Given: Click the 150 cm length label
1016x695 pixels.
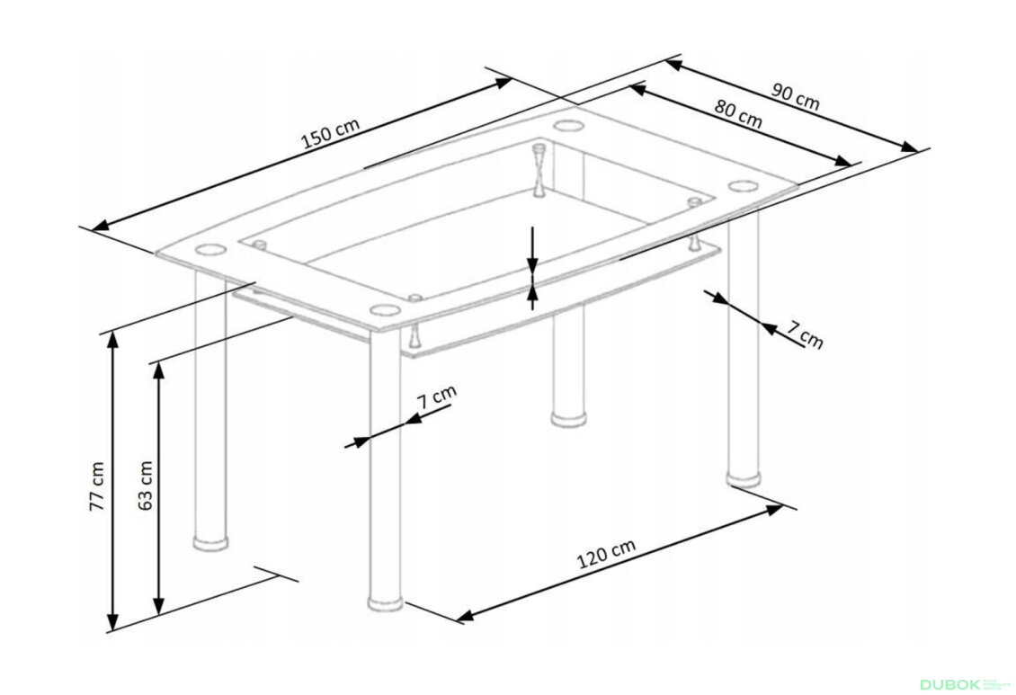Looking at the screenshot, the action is click(331, 133).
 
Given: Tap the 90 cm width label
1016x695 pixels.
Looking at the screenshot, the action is click(795, 96).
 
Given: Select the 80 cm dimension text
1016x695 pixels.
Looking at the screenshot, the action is click(738, 113).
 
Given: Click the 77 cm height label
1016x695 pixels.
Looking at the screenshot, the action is click(96, 486).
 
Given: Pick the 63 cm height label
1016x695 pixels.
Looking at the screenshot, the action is click(146, 486).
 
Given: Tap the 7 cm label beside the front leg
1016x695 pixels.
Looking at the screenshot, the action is click(437, 396).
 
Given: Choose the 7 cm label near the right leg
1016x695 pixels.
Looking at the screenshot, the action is click(805, 334).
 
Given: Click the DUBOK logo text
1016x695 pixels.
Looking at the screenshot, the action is click(950, 684).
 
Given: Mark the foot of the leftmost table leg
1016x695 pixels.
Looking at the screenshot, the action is click(210, 542).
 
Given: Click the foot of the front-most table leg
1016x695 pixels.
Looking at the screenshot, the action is click(386, 603).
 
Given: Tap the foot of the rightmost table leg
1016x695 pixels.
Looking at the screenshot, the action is click(744, 480).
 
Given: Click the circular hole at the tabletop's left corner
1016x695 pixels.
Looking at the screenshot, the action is click(209, 249).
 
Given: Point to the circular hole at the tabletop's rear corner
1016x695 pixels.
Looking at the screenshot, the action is click(569, 124).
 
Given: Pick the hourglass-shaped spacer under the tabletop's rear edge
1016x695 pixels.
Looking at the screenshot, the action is click(539, 170).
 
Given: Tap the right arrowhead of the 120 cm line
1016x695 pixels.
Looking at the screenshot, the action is click(775, 511).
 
